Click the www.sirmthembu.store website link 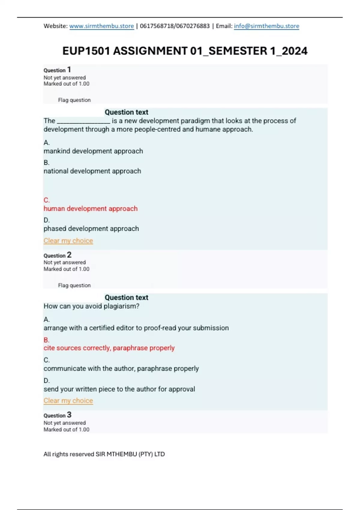[x=101, y=26]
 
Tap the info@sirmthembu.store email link [x=266, y=26]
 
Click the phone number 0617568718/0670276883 [x=175, y=26]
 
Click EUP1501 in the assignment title [x=86, y=51]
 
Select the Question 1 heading [x=57, y=70]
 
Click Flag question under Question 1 [x=74, y=100]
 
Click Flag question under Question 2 [x=74, y=285]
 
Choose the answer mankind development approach [x=93, y=151]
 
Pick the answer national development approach [x=92, y=171]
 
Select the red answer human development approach [x=90, y=208]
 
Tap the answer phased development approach [x=91, y=229]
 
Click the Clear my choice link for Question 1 [x=68, y=241]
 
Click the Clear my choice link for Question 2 [x=68, y=400]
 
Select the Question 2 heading [x=57, y=255]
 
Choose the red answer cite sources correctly [x=109, y=348]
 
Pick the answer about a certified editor [x=136, y=328]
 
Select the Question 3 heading [x=57, y=415]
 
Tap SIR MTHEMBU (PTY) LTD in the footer [x=130, y=454]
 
